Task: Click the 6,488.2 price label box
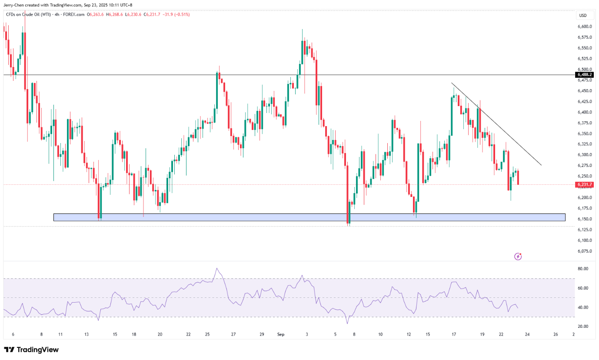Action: point(585,75)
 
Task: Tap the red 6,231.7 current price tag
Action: point(585,185)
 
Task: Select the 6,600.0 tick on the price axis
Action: point(585,27)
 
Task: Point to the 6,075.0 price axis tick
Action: point(585,251)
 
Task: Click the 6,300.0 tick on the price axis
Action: point(585,155)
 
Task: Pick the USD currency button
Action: point(583,16)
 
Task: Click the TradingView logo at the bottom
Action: point(31,350)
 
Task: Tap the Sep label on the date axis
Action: point(280,334)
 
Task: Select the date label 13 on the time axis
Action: point(87,334)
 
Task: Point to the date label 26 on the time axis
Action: point(556,334)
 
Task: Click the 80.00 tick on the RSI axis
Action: point(583,269)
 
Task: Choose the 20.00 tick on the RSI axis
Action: point(583,327)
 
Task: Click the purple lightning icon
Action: point(518,257)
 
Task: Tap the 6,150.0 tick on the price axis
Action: point(585,219)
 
